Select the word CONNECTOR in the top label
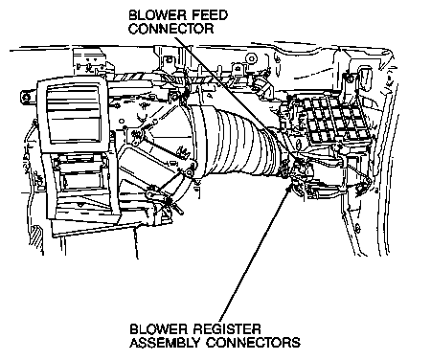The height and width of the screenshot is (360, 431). (x=171, y=29)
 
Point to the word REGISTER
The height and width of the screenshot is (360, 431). (x=227, y=328)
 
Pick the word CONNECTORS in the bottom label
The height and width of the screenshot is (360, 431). (x=253, y=343)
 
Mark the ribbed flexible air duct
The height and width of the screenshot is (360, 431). (x=233, y=141)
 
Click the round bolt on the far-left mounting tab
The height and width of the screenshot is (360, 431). (x=25, y=97)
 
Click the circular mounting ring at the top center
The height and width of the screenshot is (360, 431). (x=252, y=58)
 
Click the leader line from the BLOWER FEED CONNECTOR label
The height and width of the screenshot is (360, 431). (x=237, y=97)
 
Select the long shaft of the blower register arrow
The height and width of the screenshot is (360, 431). (x=256, y=255)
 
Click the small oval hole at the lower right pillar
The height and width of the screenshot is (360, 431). (x=357, y=229)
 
